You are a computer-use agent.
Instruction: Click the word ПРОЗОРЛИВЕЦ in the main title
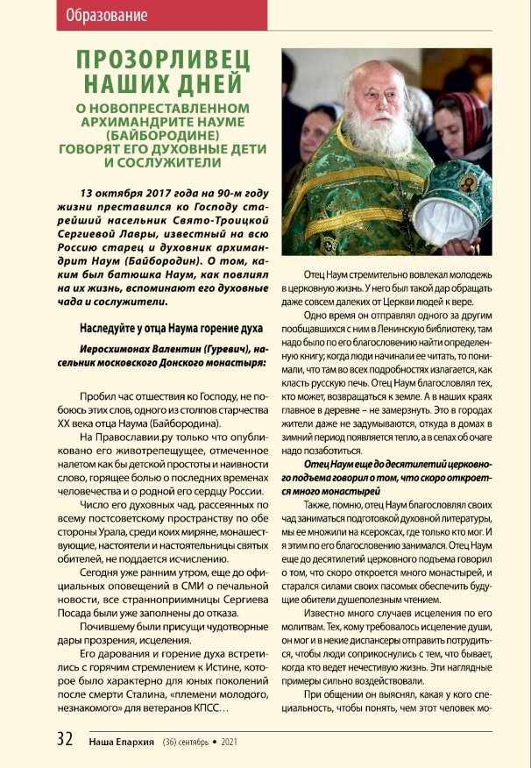coord(162,61)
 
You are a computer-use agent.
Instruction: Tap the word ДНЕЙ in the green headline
coord(209,84)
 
